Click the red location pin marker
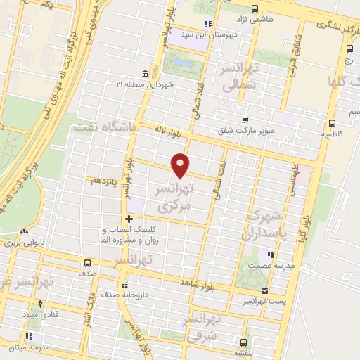181,164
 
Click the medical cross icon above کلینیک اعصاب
129,219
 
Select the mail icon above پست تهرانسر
264,290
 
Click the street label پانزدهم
103,180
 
